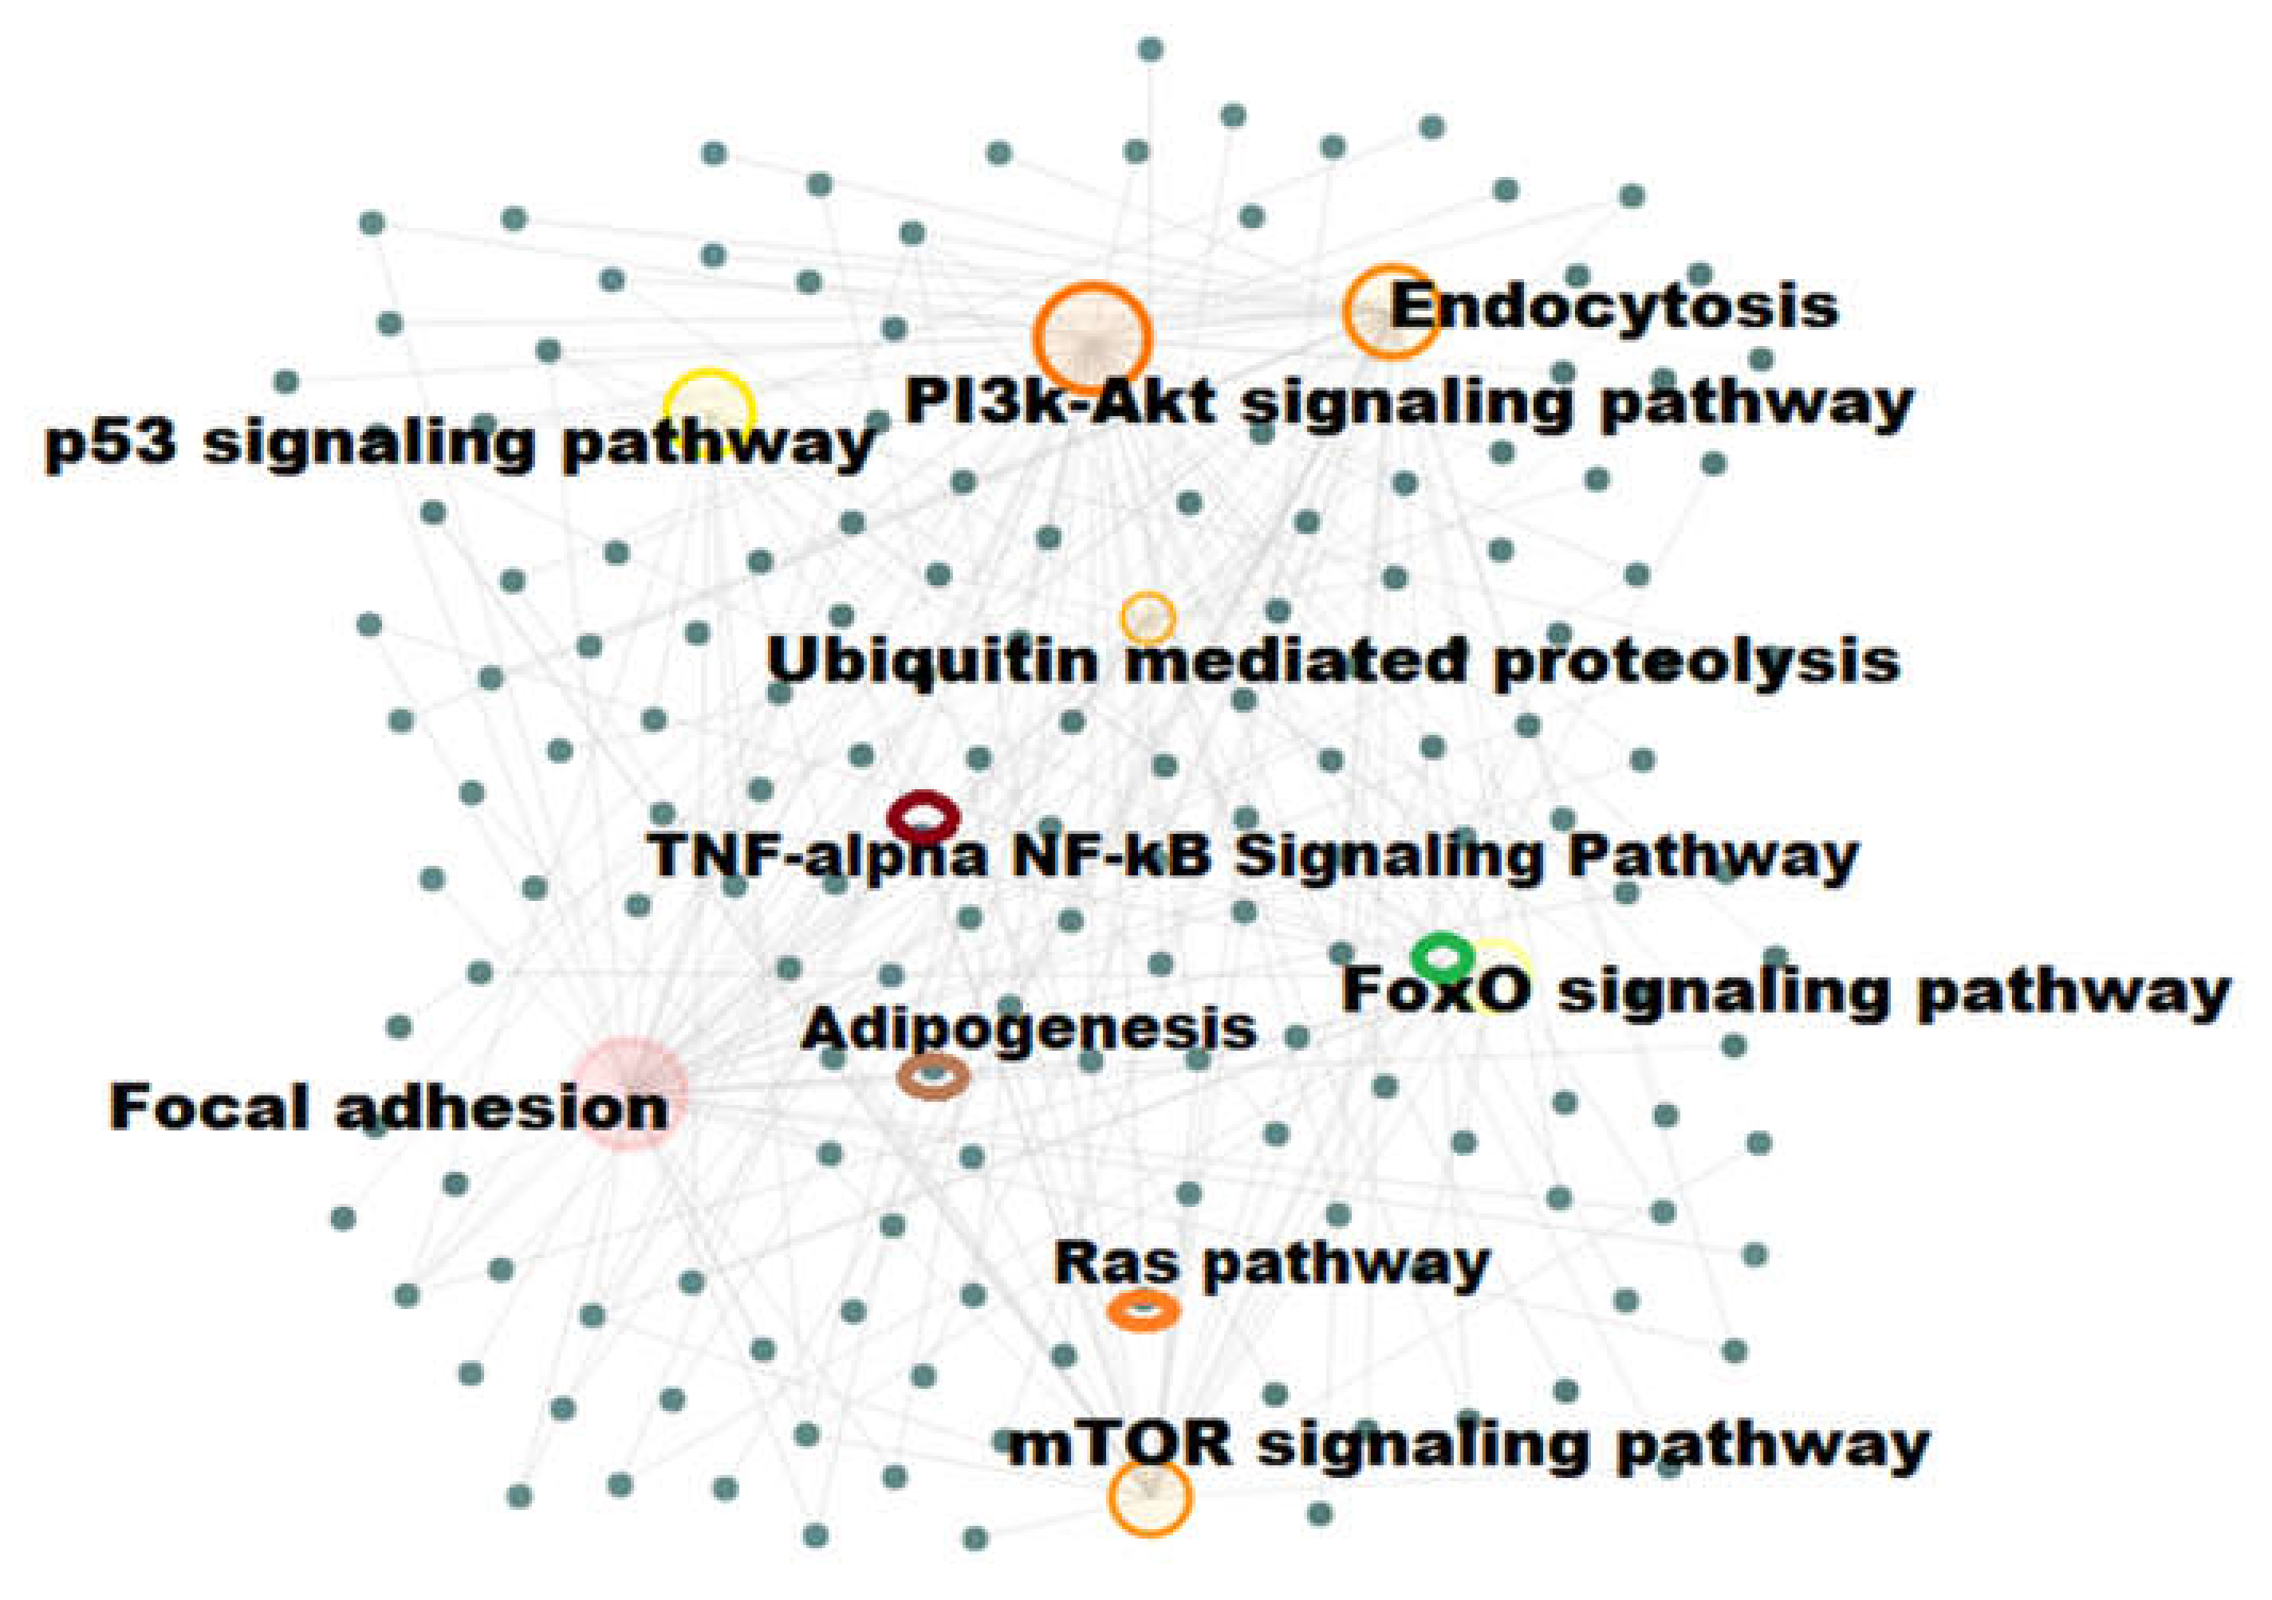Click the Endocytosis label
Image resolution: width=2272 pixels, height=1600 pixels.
point(1614,307)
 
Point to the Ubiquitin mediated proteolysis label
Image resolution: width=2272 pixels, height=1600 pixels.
point(1332,660)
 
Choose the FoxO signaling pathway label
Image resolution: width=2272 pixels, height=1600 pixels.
point(1784,990)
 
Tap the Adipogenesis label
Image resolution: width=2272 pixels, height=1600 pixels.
point(1028,1029)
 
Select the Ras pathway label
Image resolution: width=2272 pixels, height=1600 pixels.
point(1271,1264)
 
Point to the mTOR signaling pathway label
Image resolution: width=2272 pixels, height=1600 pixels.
point(1468,1445)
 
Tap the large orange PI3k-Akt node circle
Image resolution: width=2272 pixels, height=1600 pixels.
point(1092,337)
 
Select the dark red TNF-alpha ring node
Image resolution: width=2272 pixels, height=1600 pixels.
point(923,817)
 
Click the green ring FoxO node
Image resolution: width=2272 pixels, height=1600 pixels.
point(1443,956)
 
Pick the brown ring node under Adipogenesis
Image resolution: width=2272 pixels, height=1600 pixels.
point(932,1076)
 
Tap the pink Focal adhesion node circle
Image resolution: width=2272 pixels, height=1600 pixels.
point(629,1094)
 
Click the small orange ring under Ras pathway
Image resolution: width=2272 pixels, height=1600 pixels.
point(1143,1311)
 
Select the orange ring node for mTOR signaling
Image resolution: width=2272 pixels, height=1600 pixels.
point(1149,1498)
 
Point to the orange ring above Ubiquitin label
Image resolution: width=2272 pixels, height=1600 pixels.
point(1148,619)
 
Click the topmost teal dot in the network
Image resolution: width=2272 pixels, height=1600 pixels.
point(1150,49)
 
